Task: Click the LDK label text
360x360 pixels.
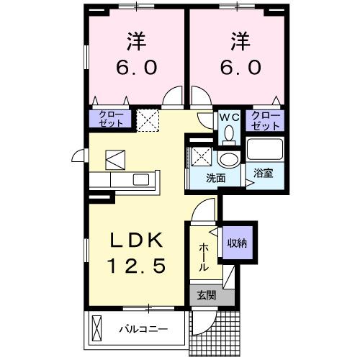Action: coord(137,240)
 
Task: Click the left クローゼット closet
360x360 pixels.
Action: coord(110,119)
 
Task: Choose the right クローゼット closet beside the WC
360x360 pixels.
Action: coord(265,120)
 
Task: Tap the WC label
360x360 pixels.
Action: coord(229,116)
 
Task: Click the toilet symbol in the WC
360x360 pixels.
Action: coord(229,133)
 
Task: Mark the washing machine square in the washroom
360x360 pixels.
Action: coord(199,156)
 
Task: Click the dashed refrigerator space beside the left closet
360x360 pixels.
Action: coord(148,119)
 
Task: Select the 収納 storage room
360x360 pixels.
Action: coord(238,243)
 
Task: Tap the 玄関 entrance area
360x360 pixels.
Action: coord(204,295)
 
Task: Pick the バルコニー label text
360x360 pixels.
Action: coord(143,330)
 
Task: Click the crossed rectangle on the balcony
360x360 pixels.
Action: coord(99,330)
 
